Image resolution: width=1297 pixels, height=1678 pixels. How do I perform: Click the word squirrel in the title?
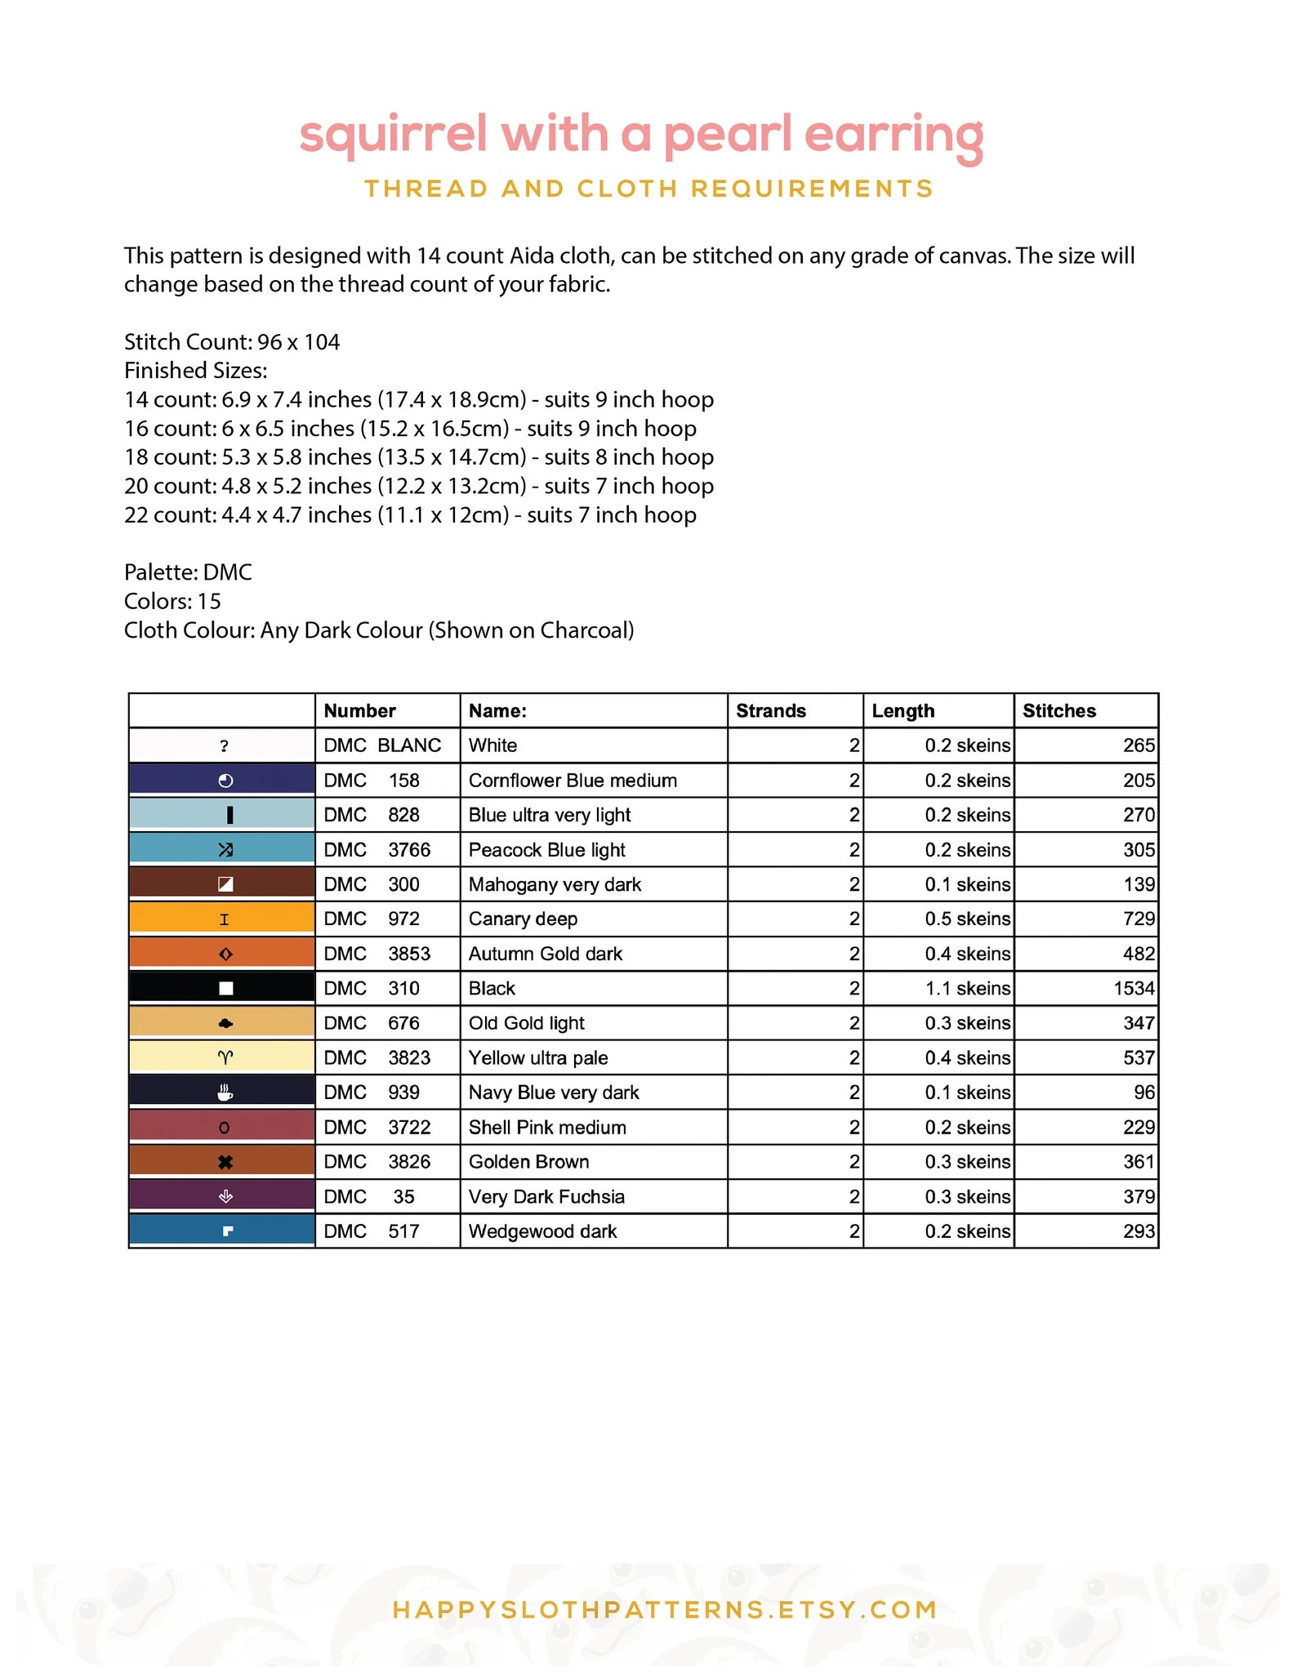coord(393,135)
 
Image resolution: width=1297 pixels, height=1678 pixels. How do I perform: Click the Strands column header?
coord(770,710)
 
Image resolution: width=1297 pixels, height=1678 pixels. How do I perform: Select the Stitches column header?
coord(1059,710)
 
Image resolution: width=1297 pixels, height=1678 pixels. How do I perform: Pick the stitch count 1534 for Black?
coord(1134,989)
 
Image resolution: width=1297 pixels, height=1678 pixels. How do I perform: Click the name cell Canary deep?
coord(523,919)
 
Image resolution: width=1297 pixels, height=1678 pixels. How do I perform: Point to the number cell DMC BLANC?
coord(382,746)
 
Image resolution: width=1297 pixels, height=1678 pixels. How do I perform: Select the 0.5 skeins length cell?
coord(967,919)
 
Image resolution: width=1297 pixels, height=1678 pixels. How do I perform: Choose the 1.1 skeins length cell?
coord(967,989)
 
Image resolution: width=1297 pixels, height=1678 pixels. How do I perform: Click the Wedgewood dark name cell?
coord(542,1231)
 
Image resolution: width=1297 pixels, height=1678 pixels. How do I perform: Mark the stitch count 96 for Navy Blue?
coord(1144,1093)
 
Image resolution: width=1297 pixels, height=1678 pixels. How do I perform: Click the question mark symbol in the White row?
coord(224,746)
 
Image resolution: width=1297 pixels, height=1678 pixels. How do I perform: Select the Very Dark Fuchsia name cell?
coord(546,1197)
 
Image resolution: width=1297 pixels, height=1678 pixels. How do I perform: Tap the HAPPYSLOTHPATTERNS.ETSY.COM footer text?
coord(665,1609)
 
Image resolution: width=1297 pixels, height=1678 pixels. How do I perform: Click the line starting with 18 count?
coord(418,457)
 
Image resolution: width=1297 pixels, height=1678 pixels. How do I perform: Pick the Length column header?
coord(903,710)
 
